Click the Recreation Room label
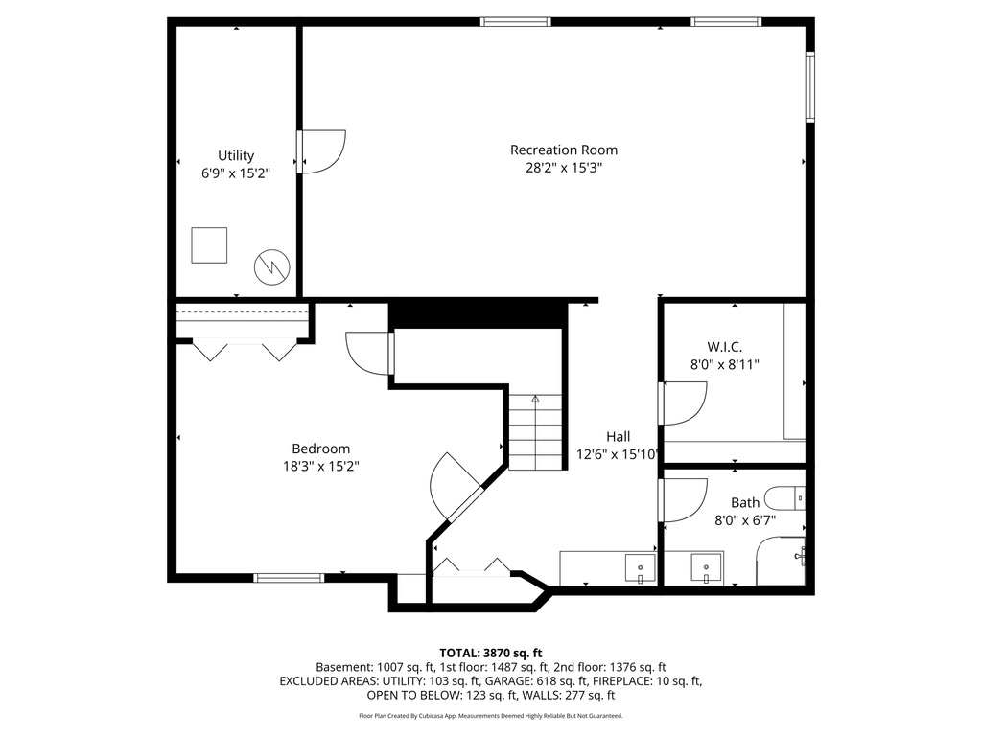(563, 149)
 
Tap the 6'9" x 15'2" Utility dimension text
(235, 173)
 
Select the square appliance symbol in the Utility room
(209, 244)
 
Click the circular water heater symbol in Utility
(269, 266)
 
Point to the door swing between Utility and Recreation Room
(322, 151)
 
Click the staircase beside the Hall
(533, 432)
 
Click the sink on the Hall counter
(640, 568)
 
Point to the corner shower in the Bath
(783, 562)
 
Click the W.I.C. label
(724, 346)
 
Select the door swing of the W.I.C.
(684, 402)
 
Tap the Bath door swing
(684, 500)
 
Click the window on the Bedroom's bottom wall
(289, 577)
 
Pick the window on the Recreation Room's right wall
(809, 86)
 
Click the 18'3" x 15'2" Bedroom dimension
(320, 466)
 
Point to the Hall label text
(618, 436)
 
